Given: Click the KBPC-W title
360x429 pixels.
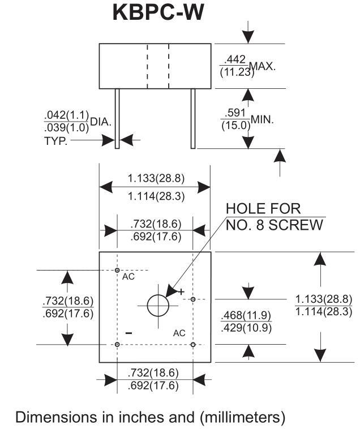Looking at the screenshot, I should pyautogui.click(x=156, y=13).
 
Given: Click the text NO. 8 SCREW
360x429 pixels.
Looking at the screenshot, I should pyautogui.click(x=274, y=225).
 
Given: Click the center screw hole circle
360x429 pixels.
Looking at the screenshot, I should pyautogui.click(x=158, y=306).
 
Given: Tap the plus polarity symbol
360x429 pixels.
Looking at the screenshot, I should pyautogui.click(x=181, y=291).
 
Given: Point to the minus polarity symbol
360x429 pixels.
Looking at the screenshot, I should pyautogui.click(x=128, y=333).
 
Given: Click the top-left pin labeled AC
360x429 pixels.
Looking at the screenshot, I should pyautogui.click(x=117, y=270).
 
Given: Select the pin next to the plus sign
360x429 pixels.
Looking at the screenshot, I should pyautogui.click(x=193, y=299).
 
